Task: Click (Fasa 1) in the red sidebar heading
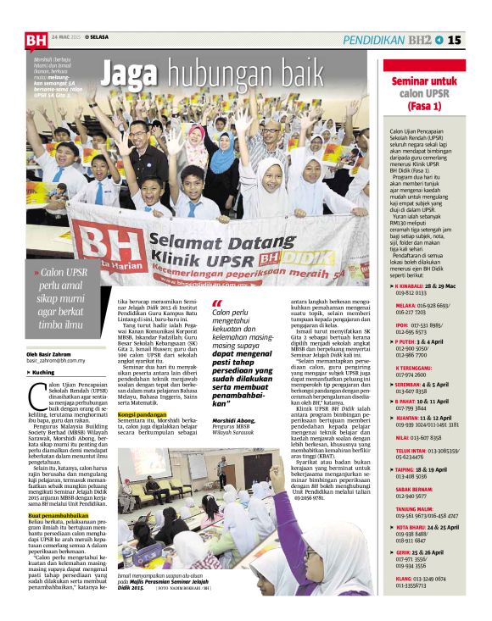[x=423, y=108]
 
